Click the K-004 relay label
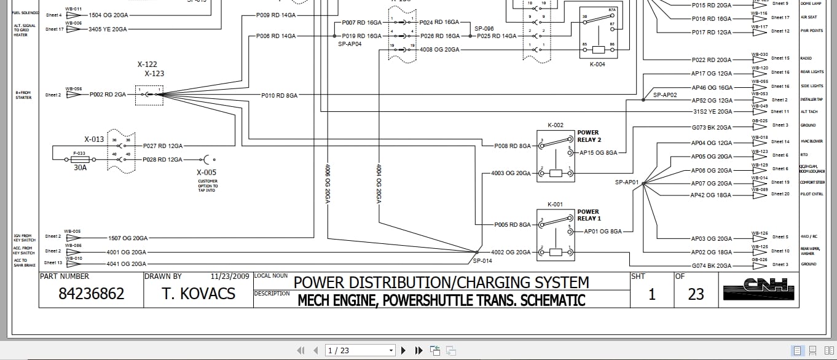point(597,64)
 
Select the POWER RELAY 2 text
point(588,136)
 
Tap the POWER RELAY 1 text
point(588,215)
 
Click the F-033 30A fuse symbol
point(79,158)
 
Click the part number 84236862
point(91,294)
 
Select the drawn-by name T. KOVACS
point(198,294)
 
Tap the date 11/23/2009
point(230,276)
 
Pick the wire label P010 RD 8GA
point(279,96)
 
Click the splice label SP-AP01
point(627,182)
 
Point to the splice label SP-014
point(482,260)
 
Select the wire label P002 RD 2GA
point(108,95)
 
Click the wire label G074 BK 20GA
point(712,266)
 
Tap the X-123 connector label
point(154,74)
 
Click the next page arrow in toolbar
point(404,350)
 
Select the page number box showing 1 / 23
point(360,350)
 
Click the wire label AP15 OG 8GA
point(598,152)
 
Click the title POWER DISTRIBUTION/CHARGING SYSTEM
point(441,283)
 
